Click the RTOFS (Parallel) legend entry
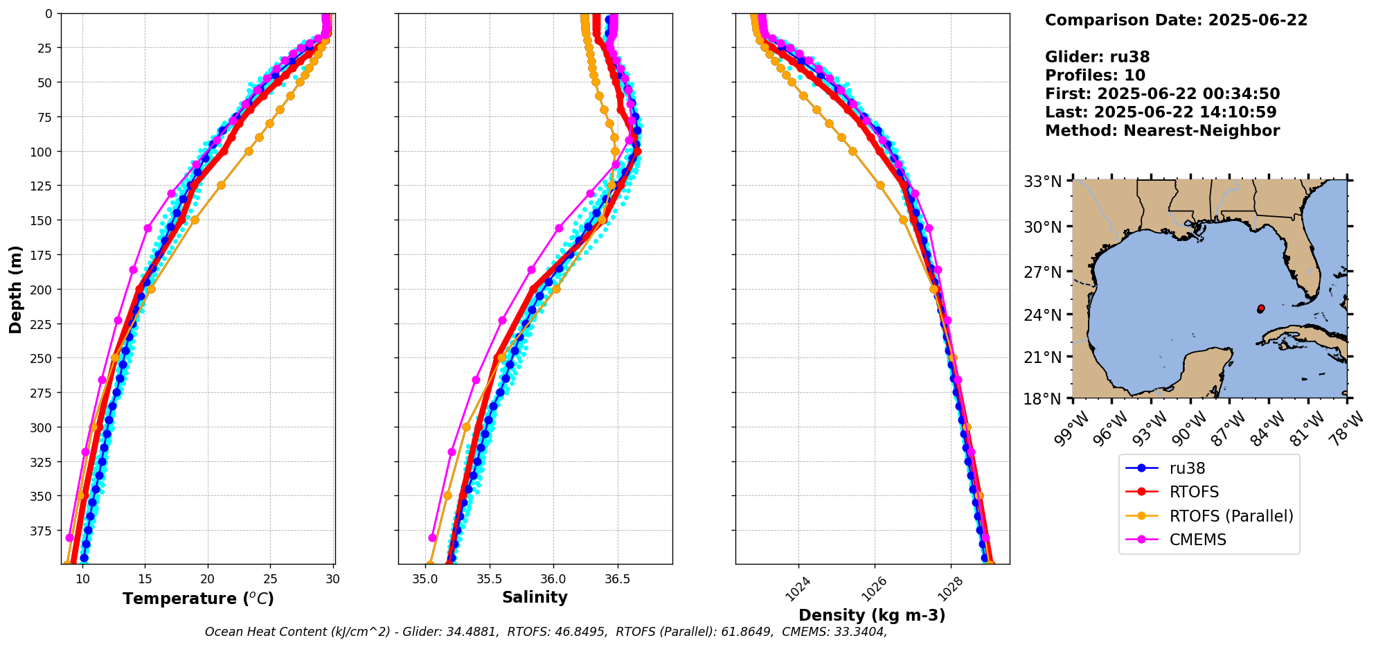(1231, 516)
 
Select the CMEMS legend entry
(1197, 540)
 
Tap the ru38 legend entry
(1187, 468)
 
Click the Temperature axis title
(198, 599)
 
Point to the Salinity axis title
(535, 597)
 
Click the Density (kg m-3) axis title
(872, 615)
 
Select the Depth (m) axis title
(16, 289)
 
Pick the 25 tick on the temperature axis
(270, 579)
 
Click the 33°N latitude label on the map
(1043, 182)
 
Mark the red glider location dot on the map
(1261, 308)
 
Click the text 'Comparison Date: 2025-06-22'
(1176, 20)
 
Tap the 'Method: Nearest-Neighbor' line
(1162, 131)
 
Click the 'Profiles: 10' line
(1095, 76)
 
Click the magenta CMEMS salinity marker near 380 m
(433, 538)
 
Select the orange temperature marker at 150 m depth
(195, 220)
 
